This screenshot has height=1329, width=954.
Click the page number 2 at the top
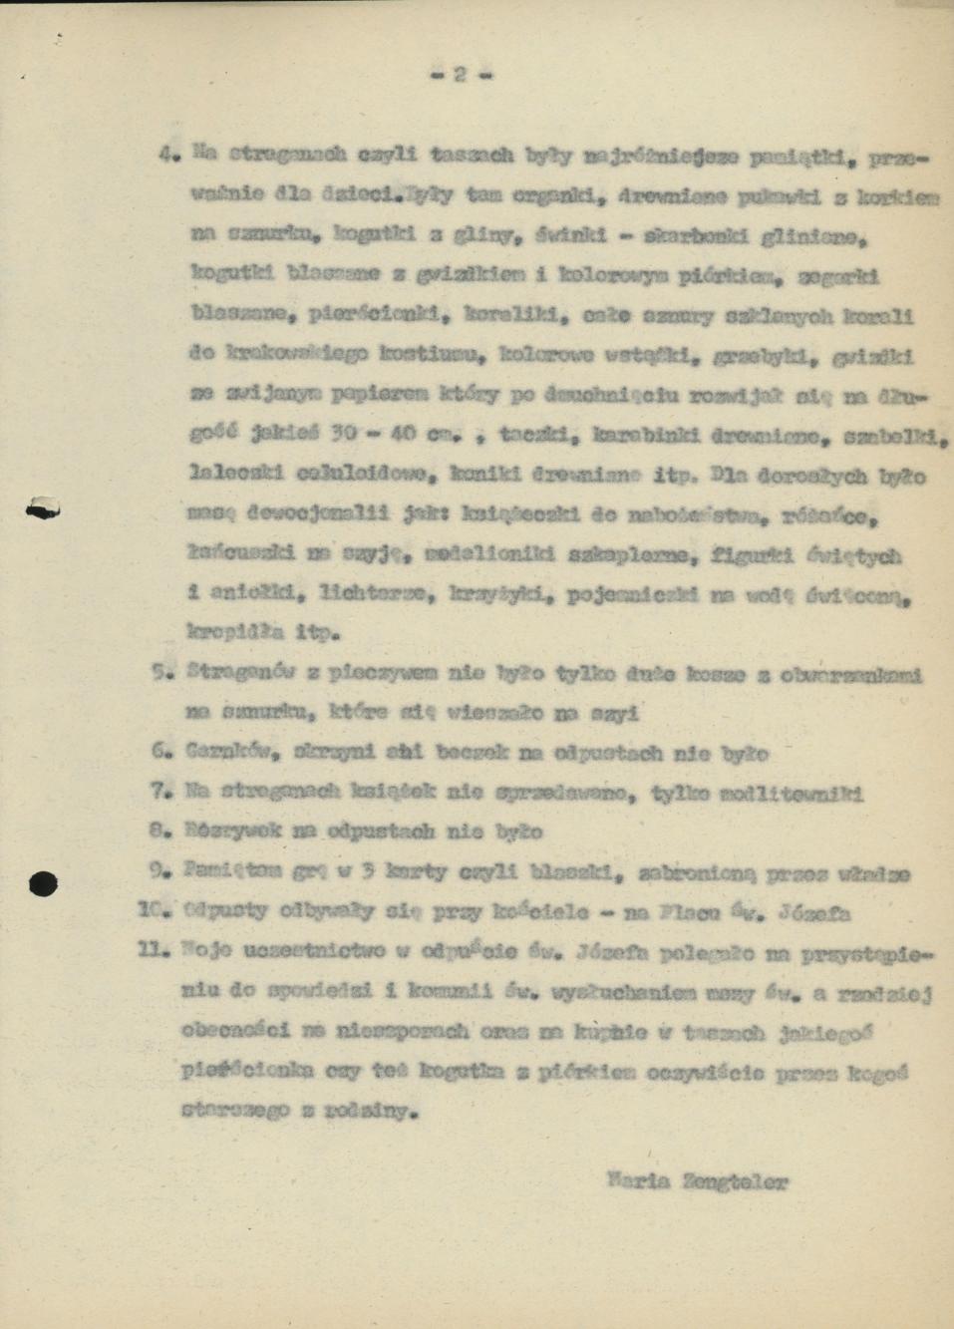(x=461, y=74)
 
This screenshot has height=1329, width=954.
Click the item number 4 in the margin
(x=167, y=155)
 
